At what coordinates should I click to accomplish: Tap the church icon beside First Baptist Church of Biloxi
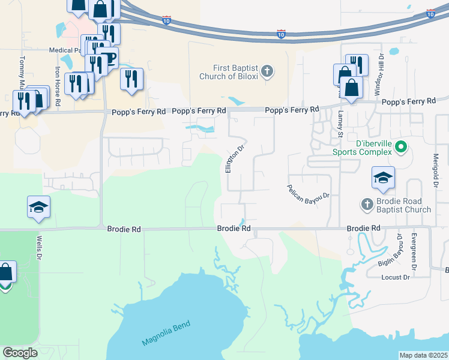(x=268, y=72)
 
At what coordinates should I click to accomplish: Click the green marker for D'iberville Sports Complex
(x=403, y=146)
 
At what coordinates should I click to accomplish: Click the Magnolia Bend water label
(x=166, y=334)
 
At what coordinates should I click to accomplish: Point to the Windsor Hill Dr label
(x=379, y=73)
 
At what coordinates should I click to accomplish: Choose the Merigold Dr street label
(x=436, y=172)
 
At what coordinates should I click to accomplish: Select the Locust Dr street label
(x=396, y=277)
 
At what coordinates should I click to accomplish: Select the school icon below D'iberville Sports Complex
(x=383, y=177)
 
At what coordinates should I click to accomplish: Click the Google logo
(x=20, y=353)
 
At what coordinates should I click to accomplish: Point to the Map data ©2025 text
(x=423, y=355)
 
